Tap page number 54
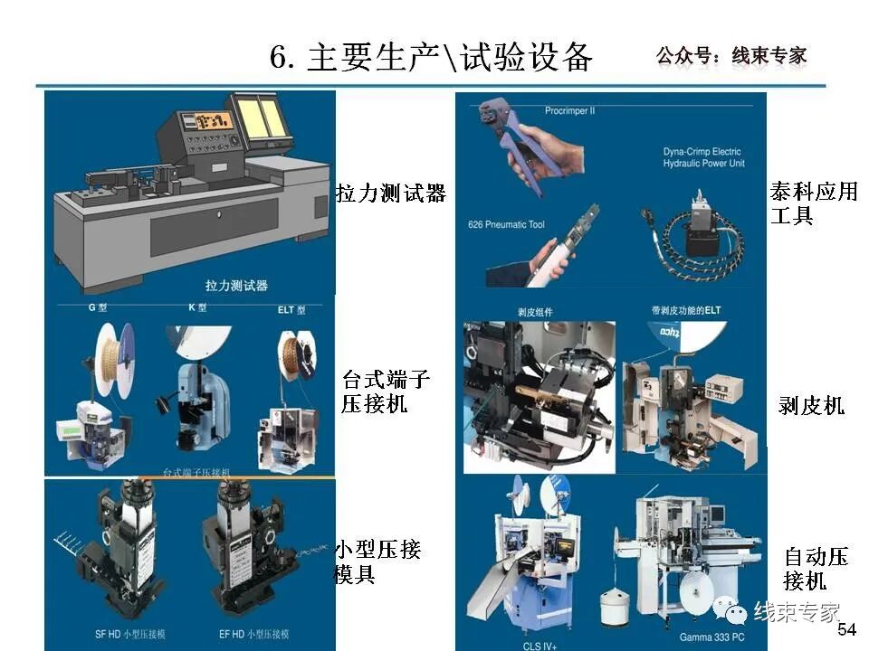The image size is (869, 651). pyautogui.click(x=847, y=629)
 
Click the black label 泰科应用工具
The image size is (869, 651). pyautogui.click(x=813, y=203)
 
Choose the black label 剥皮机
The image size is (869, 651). pyautogui.click(x=811, y=406)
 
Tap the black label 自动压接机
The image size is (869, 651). pyautogui.click(x=816, y=568)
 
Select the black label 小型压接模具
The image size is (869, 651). pyautogui.click(x=377, y=561)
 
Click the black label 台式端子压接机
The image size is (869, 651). pyautogui.click(x=385, y=392)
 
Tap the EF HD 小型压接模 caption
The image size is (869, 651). pyautogui.click(x=255, y=634)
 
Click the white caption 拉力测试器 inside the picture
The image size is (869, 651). pyautogui.click(x=236, y=286)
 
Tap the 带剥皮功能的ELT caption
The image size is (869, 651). pyautogui.click(x=687, y=311)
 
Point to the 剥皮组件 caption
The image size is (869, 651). pyautogui.click(x=535, y=312)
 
